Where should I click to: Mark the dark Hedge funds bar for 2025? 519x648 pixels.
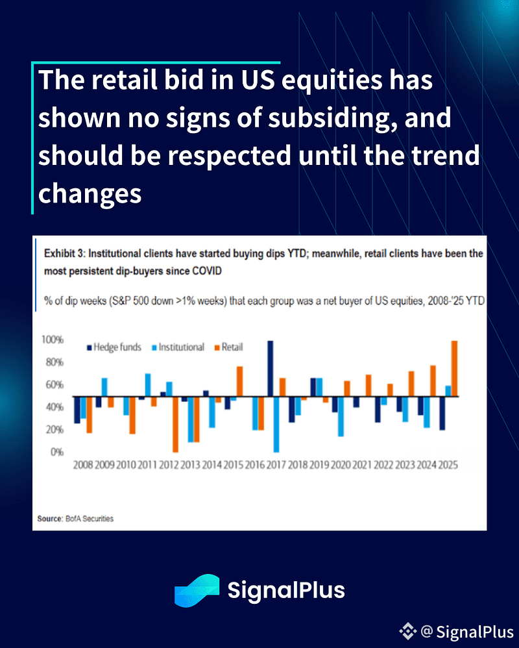442,413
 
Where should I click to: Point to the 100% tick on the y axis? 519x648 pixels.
53,340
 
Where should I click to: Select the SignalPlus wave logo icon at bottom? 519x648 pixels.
197,590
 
